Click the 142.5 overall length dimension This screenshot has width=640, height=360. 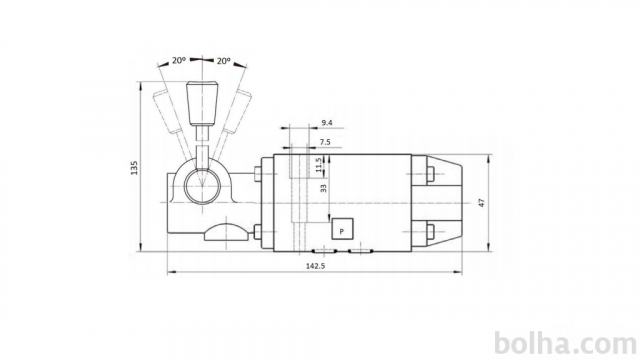[316, 266]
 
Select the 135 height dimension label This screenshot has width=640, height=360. [134, 168]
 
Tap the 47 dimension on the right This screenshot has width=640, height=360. [482, 202]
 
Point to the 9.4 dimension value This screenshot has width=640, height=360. [327, 122]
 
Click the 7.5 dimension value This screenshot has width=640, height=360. [325, 142]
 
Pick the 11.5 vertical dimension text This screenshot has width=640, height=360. [319, 165]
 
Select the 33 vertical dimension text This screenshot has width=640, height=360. [323, 188]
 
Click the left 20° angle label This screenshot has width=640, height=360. [179, 60]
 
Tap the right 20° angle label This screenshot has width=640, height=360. [223, 61]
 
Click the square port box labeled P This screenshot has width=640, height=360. [342, 229]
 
